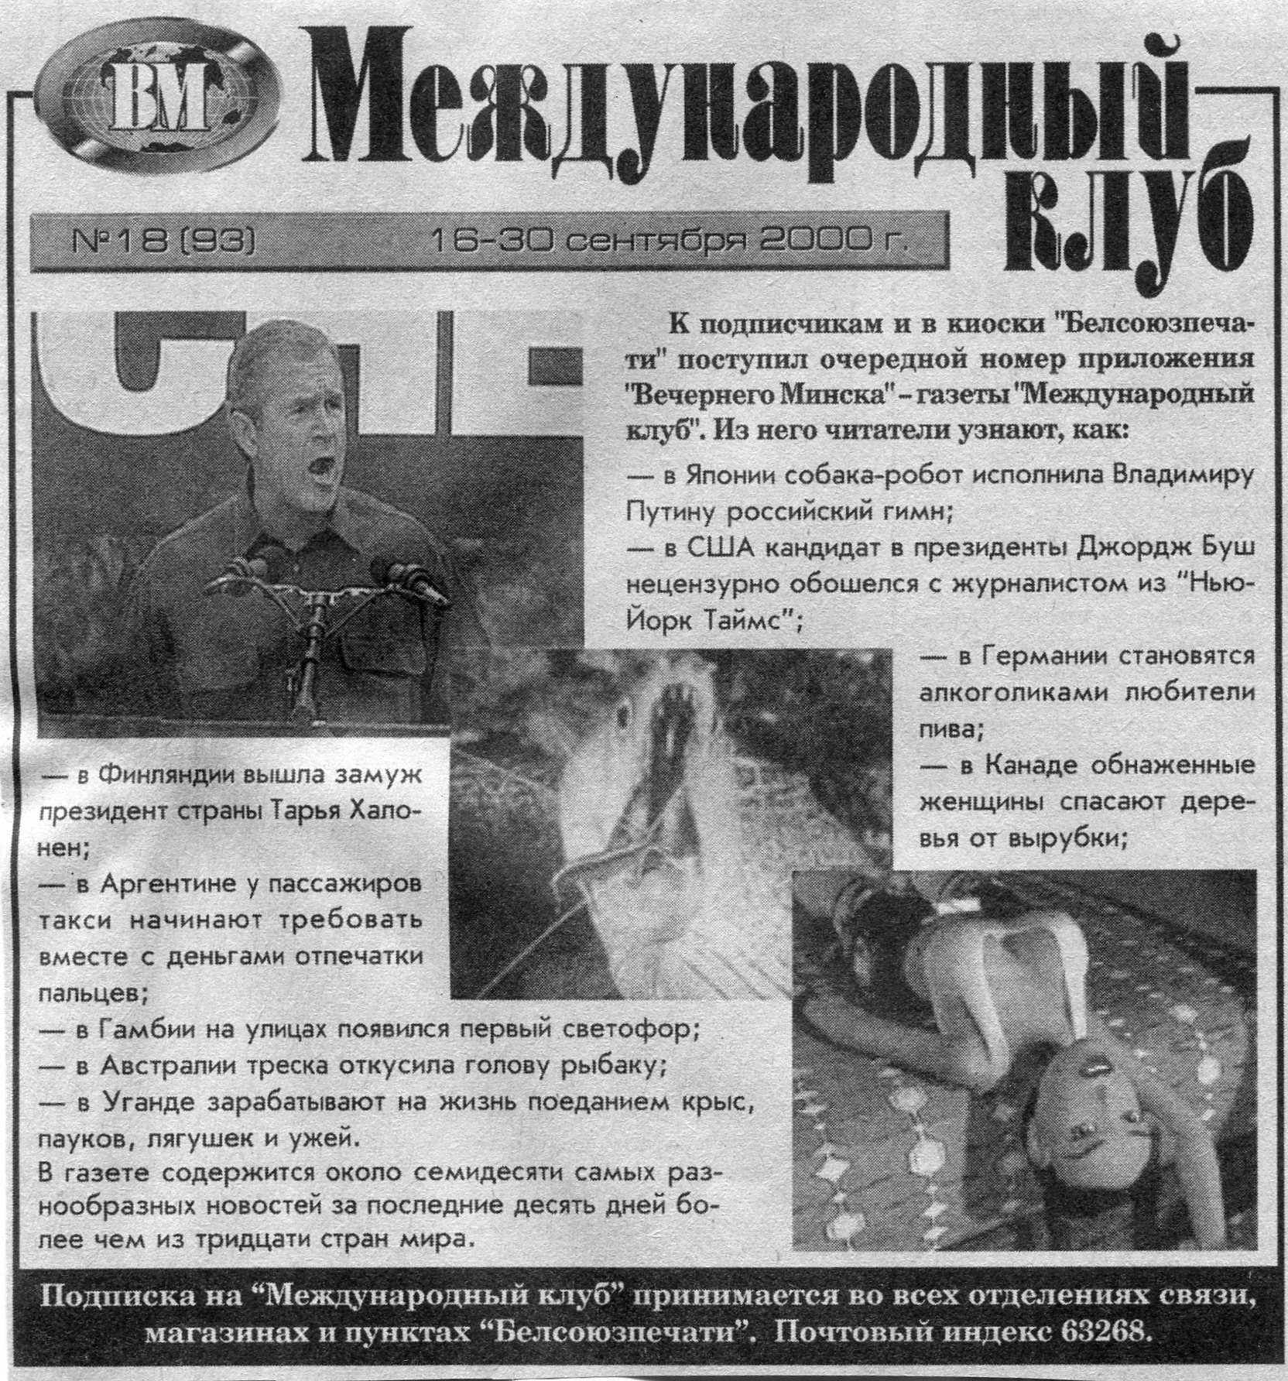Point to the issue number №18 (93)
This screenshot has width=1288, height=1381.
163,245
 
